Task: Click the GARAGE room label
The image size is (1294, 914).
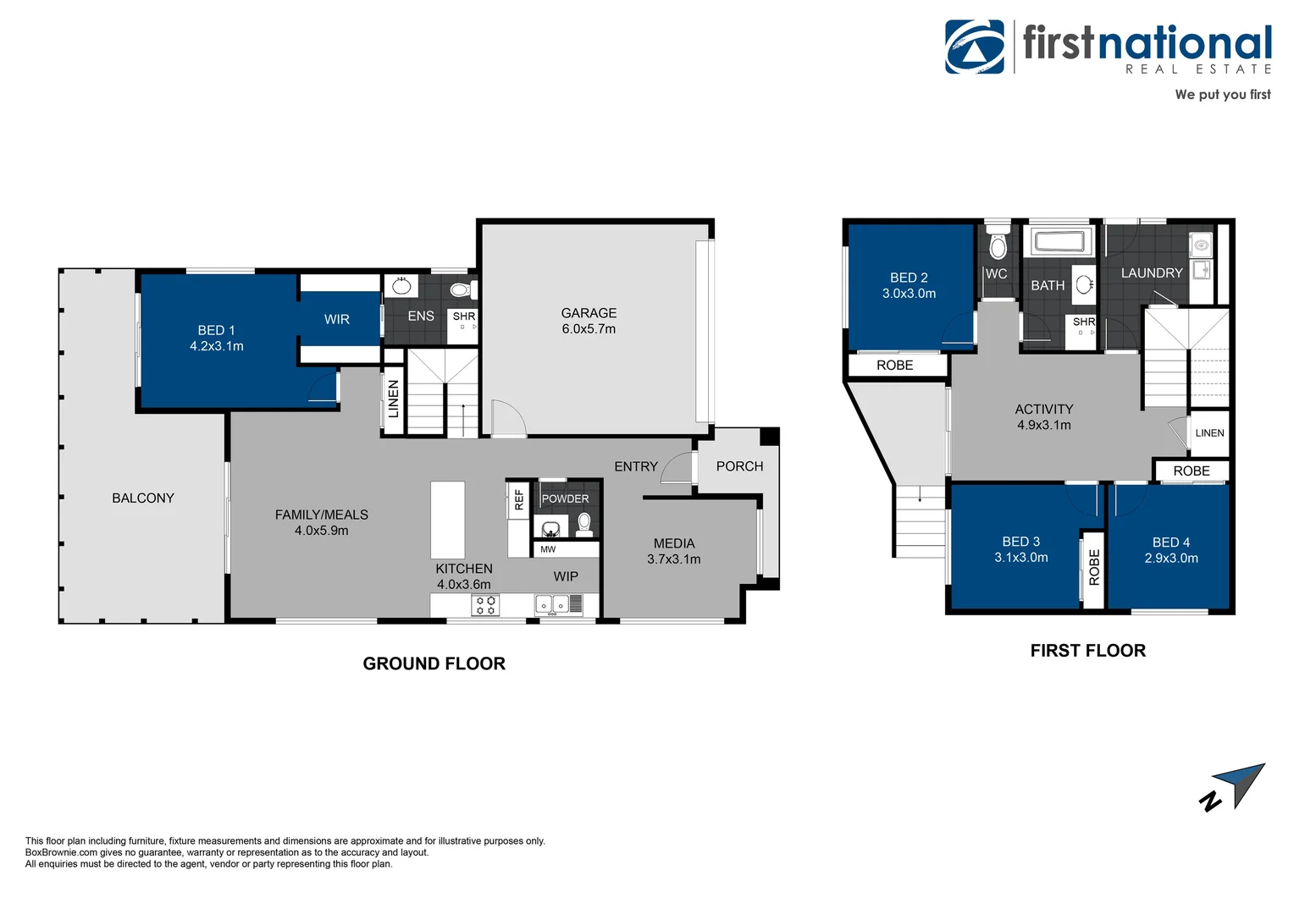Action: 589,313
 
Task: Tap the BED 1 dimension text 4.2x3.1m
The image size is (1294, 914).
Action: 217,346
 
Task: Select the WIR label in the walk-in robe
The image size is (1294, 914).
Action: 337,319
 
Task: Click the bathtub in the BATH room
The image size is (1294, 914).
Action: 1059,242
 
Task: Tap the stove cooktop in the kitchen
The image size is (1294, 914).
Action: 486,604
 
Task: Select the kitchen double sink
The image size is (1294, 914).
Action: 552,604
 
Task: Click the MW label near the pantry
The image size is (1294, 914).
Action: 548,549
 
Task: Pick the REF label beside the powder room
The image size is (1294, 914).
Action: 519,500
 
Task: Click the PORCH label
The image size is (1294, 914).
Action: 739,466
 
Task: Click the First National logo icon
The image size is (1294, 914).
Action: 975,47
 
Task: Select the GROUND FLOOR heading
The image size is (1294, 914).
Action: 434,663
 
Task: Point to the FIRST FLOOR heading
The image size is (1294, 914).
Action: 1087,651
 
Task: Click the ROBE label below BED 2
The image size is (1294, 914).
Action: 894,365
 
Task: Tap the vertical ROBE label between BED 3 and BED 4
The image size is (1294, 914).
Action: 1093,567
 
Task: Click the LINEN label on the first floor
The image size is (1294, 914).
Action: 1209,432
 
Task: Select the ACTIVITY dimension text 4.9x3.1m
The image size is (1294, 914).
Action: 1043,425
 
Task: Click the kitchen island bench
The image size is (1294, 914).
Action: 447,520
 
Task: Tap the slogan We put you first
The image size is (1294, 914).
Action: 1222,94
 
